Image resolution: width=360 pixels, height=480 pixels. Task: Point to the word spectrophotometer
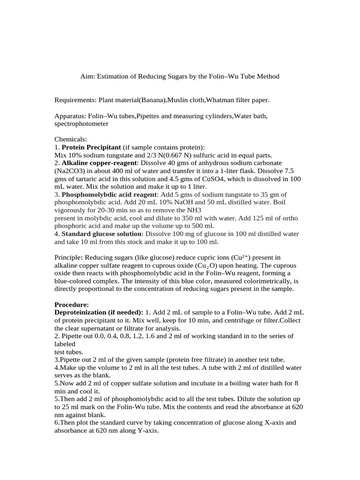(82, 124)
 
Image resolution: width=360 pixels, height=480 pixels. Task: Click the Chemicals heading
(68, 139)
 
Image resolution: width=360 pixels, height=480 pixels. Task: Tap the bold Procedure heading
(72, 305)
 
